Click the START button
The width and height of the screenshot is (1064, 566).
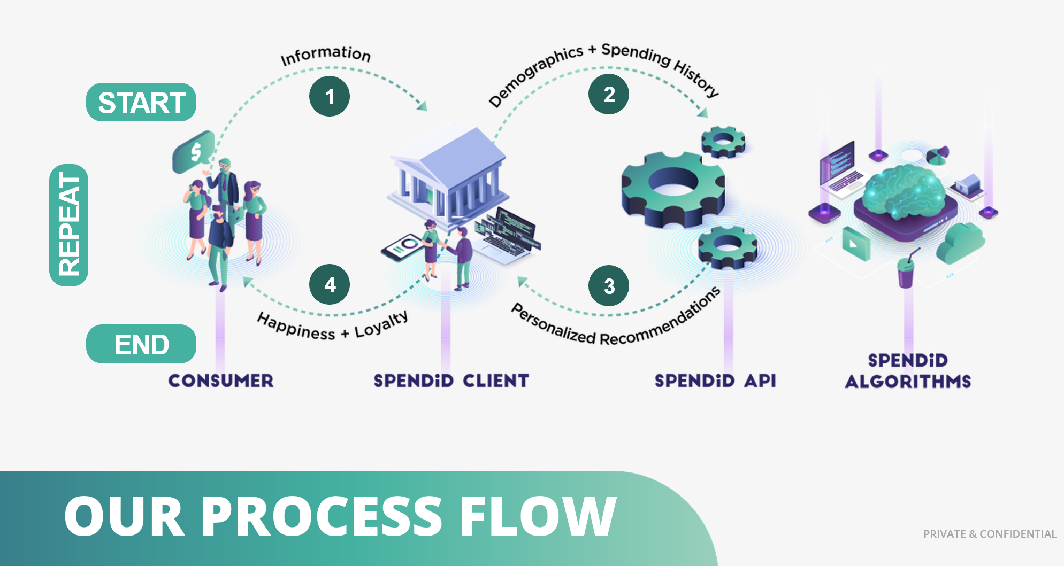coord(141,102)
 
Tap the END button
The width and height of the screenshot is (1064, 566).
coord(141,344)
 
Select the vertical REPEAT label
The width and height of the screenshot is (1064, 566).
coord(69,224)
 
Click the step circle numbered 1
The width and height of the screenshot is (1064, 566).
coord(330,96)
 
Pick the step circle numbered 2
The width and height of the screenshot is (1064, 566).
coord(609,95)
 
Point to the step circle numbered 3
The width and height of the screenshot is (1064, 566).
coord(609,286)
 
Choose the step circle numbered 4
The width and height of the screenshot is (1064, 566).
coord(330,284)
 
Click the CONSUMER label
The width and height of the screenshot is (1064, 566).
coord(221,381)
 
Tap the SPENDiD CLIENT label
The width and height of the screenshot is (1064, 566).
coord(451,381)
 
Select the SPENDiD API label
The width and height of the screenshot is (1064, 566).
coord(715,381)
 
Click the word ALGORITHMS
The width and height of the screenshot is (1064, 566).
coord(908,381)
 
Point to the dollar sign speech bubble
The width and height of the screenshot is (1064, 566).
coord(194,152)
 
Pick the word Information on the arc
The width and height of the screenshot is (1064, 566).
coord(325,55)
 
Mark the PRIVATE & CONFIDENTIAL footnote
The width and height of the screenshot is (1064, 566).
coord(990,534)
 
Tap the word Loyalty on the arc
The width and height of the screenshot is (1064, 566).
coord(381,325)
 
